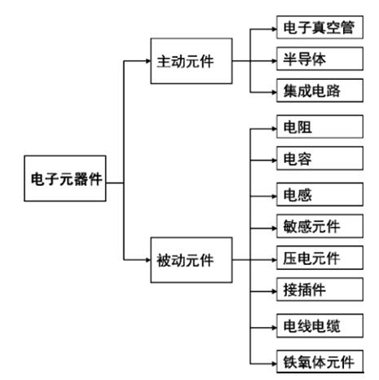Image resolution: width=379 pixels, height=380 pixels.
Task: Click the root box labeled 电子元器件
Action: click(65, 179)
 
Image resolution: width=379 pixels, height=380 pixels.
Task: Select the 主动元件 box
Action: click(192, 61)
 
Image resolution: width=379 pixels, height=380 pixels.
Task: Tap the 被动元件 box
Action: click(192, 260)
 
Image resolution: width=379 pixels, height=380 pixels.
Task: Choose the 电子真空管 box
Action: click(320, 27)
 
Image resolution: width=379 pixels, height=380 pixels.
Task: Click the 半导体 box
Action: click(320, 59)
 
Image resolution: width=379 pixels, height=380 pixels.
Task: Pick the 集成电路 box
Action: click(320, 91)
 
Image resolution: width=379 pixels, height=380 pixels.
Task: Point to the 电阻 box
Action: click(320, 126)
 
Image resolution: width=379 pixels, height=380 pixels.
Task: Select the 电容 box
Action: click(320, 158)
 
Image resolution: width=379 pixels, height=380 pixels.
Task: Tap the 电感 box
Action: click(320, 194)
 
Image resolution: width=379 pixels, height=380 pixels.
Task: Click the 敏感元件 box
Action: click(320, 226)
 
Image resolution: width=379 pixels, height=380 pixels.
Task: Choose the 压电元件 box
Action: click(320, 258)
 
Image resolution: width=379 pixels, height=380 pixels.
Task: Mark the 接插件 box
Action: click(320, 289)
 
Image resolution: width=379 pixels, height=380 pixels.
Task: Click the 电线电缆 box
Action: click(320, 325)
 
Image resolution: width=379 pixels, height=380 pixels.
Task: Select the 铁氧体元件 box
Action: click(320, 361)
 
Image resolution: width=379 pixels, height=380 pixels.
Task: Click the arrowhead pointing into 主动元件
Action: click(148, 61)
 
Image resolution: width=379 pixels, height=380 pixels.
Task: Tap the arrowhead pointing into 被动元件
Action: click(148, 260)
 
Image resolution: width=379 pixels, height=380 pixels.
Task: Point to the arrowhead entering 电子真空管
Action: click(274, 29)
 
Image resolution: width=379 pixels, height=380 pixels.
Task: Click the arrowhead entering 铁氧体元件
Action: click(274, 364)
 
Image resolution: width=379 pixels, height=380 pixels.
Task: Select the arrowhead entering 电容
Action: click(274, 160)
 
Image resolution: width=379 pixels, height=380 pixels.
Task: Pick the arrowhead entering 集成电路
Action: click(274, 92)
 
